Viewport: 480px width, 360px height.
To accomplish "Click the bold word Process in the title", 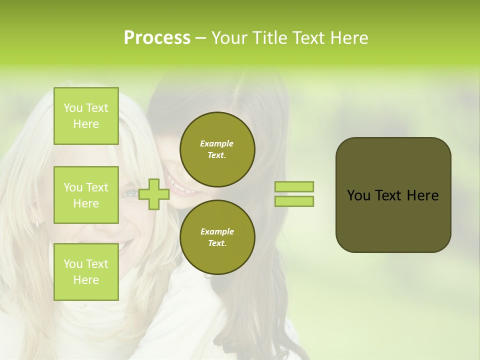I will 157,38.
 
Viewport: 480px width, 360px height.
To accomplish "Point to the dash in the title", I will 200,39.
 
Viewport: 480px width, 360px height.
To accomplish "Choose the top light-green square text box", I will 86,116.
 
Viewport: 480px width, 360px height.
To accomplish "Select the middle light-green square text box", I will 86,195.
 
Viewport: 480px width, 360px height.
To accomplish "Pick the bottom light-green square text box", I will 86,271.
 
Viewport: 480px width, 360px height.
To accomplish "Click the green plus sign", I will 154,194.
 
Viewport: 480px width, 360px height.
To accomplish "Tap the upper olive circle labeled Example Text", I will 217,149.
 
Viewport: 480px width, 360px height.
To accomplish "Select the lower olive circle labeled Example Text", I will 217,237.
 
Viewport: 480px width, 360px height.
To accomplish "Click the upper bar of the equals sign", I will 294,187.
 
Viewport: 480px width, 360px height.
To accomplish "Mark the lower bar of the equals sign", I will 294,201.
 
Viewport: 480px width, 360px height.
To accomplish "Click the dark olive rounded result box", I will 393,195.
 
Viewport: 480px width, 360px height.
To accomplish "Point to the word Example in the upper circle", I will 217,143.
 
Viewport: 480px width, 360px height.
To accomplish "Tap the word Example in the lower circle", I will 217,231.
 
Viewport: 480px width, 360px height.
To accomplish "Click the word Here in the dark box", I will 422,195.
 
